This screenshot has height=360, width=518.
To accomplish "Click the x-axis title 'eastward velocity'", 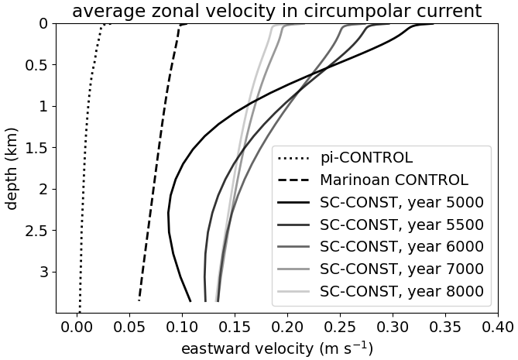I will click(276, 348).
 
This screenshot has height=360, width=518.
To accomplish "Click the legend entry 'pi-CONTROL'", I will click(366, 158).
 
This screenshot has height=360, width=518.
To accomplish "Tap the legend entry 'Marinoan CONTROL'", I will click(394, 180).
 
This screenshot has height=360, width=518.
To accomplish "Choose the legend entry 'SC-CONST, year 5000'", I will click(402, 203).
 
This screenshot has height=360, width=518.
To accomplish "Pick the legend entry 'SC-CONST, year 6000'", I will click(402, 247).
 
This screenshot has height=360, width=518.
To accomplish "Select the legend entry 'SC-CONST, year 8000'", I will click(402, 292).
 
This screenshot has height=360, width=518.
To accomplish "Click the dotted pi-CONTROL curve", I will click(84, 155).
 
